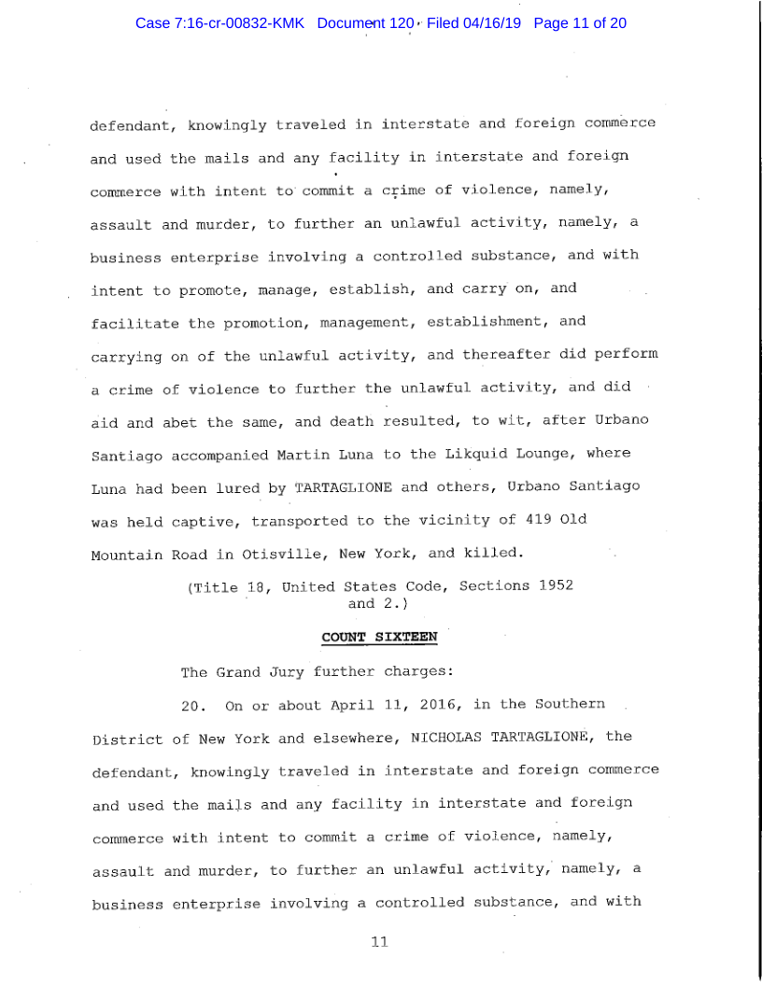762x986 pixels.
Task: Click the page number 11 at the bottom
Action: pyautogui.click(x=379, y=941)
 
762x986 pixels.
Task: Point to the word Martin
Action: pyautogui.click(x=303, y=453)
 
